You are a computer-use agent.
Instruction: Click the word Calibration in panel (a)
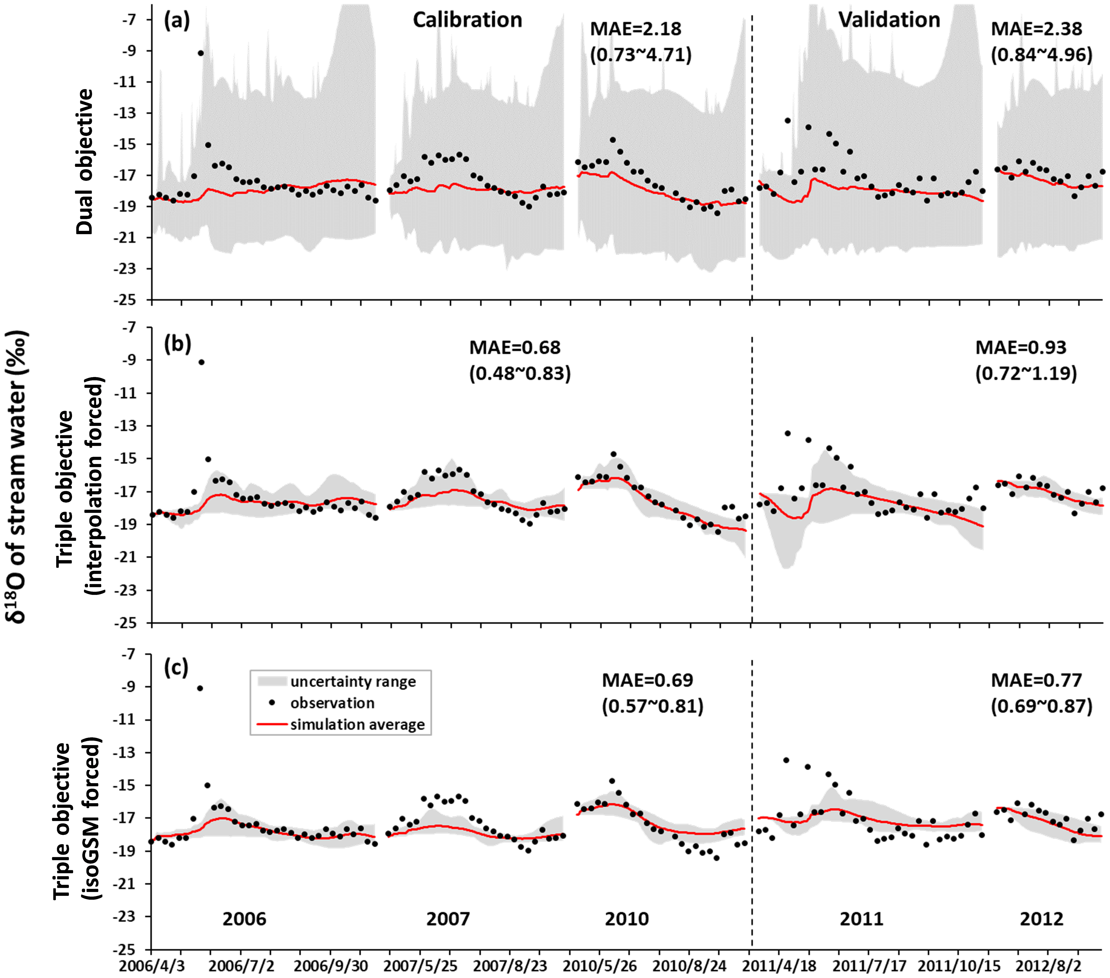coord(467,20)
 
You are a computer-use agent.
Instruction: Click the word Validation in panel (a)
coord(889,20)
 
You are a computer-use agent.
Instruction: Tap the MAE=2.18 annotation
coord(635,29)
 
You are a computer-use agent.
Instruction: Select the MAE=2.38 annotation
coord(1036,29)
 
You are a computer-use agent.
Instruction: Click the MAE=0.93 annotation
coord(1021,347)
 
